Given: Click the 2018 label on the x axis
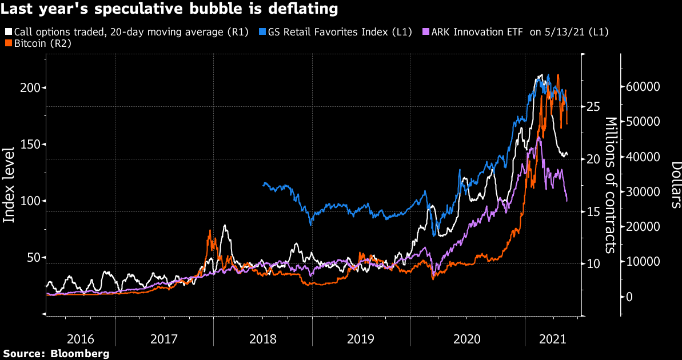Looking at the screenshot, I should tap(263, 339).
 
